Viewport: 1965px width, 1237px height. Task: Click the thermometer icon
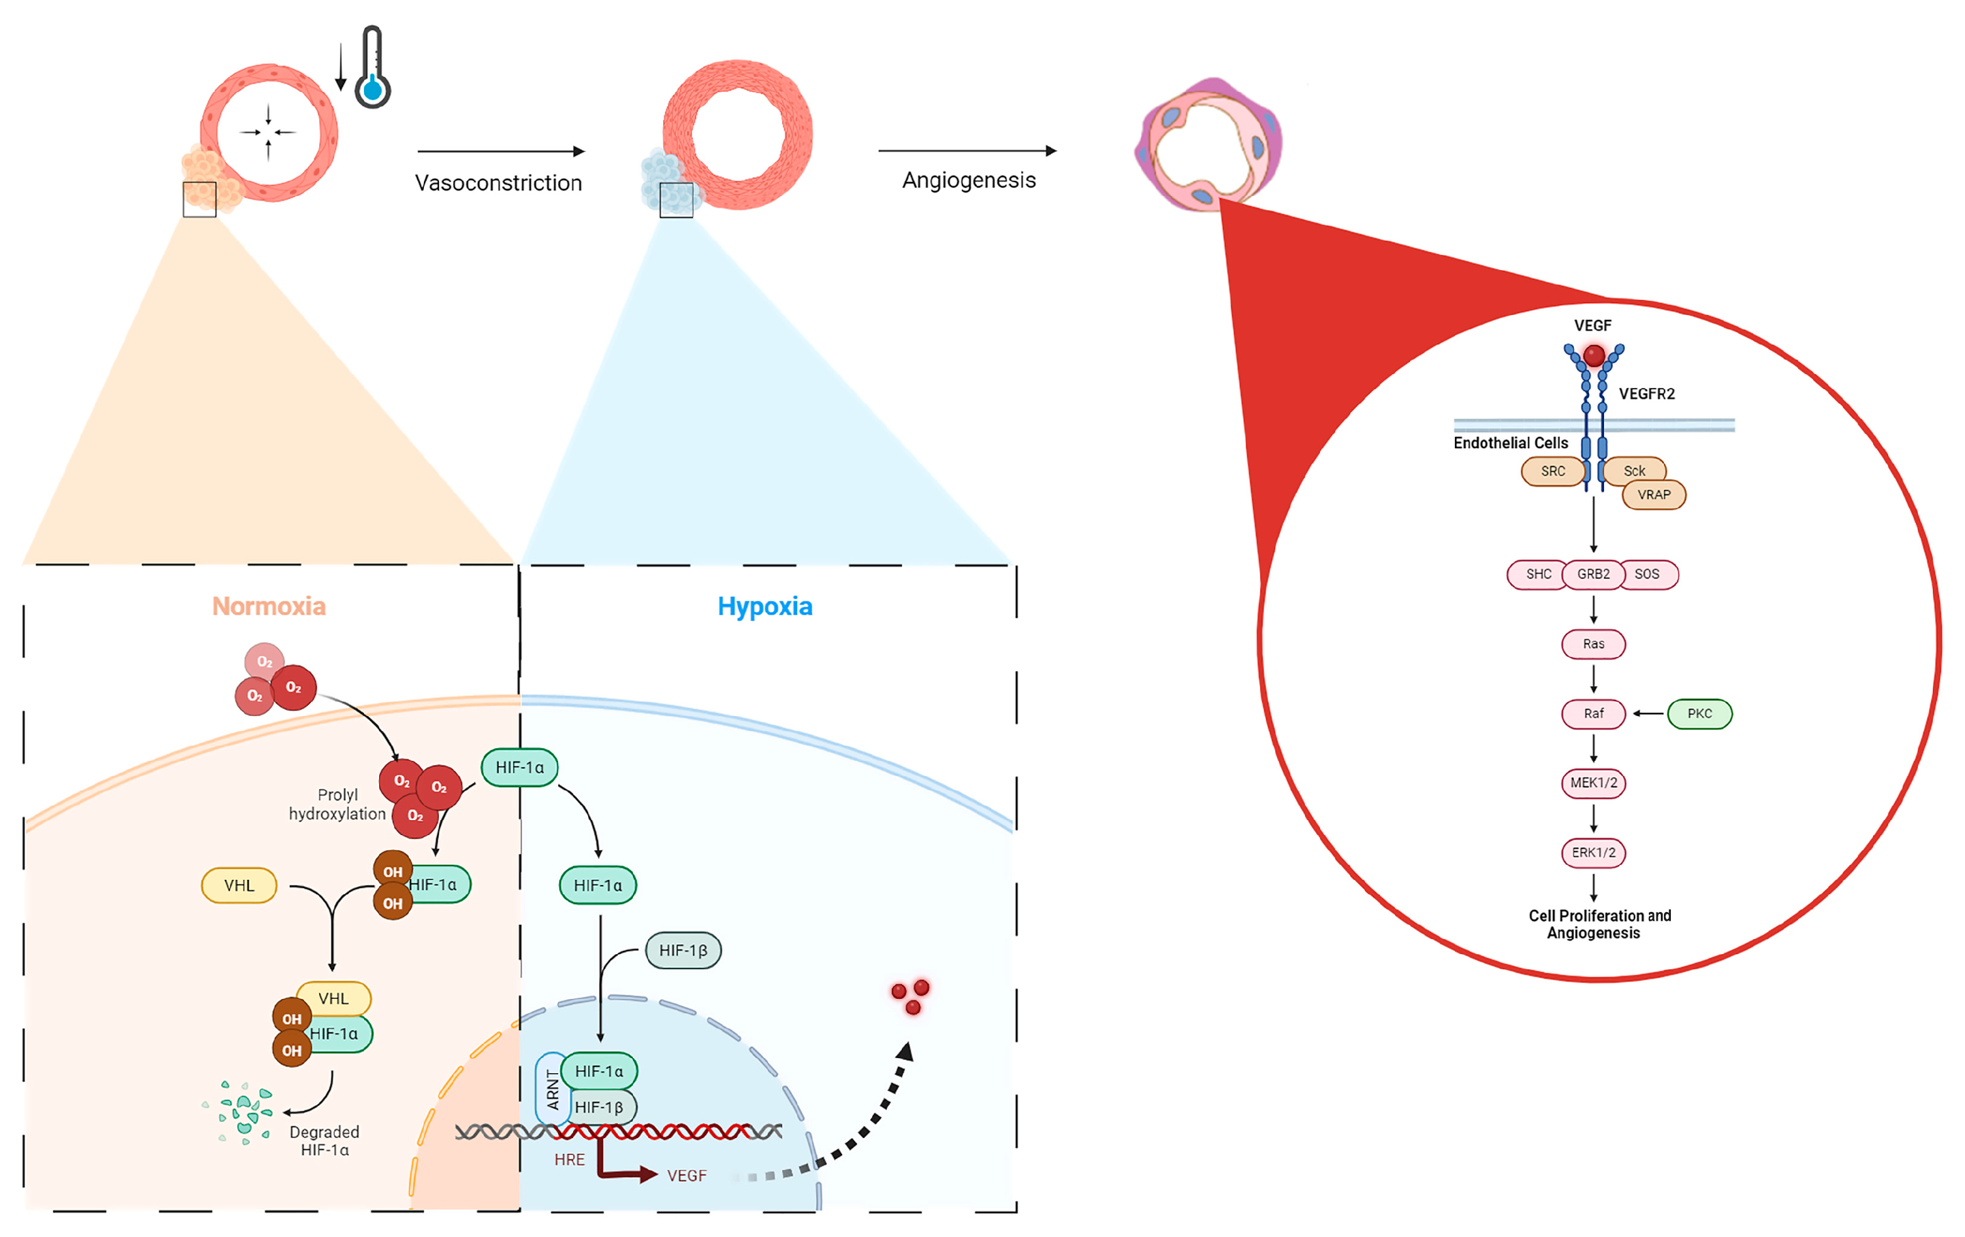tap(372, 69)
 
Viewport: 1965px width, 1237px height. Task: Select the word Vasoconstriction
tap(499, 183)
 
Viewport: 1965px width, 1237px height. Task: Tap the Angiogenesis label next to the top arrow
tap(969, 180)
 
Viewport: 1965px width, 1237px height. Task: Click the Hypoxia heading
tap(765, 607)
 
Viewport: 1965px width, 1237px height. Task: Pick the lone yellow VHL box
tap(239, 886)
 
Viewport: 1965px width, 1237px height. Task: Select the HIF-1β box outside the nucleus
tap(683, 950)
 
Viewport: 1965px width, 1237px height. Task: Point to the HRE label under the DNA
tap(569, 1160)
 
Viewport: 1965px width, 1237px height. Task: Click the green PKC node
tap(1699, 714)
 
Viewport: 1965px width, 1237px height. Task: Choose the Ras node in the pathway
tap(1593, 644)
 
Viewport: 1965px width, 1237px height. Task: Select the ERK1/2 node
tap(1593, 853)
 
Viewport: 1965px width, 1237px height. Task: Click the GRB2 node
tap(1593, 574)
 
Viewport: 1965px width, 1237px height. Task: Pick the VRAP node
tap(1653, 495)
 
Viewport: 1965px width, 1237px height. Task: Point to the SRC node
tap(1552, 472)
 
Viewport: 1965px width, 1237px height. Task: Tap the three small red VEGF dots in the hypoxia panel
tap(911, 996)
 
